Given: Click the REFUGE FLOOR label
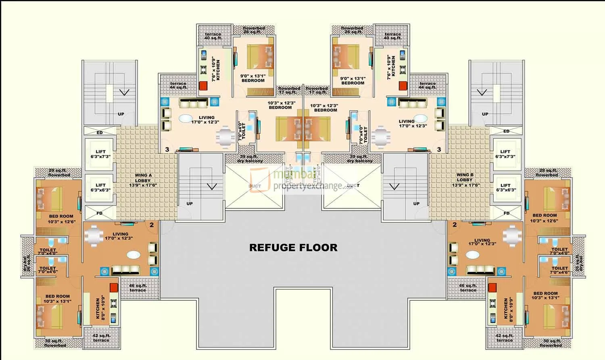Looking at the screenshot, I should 293,248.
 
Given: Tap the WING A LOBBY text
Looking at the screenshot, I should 143,180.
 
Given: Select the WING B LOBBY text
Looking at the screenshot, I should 465,180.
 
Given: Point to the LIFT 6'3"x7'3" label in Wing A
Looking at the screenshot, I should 100,154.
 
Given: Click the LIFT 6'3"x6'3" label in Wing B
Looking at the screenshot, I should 505,187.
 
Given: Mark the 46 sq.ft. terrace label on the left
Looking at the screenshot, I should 138,288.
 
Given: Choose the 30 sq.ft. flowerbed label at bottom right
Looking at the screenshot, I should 551,343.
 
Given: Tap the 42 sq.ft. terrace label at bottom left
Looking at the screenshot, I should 101,338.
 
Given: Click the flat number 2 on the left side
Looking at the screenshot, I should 152,225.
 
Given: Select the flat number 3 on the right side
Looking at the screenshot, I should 439,150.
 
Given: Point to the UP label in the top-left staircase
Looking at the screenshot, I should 121,114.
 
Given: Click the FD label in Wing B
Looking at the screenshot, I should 507,213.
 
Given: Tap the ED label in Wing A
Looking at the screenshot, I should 100,133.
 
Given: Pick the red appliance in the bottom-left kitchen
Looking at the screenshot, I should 114,287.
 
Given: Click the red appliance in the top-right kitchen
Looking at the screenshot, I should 403,86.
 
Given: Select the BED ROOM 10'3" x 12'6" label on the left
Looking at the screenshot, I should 61,219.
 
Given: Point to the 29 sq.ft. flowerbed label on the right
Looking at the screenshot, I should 548,173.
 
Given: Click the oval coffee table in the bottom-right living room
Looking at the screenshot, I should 473,255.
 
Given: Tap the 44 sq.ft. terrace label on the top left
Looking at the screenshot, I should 178,85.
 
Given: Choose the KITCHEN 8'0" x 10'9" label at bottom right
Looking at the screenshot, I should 509,310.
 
